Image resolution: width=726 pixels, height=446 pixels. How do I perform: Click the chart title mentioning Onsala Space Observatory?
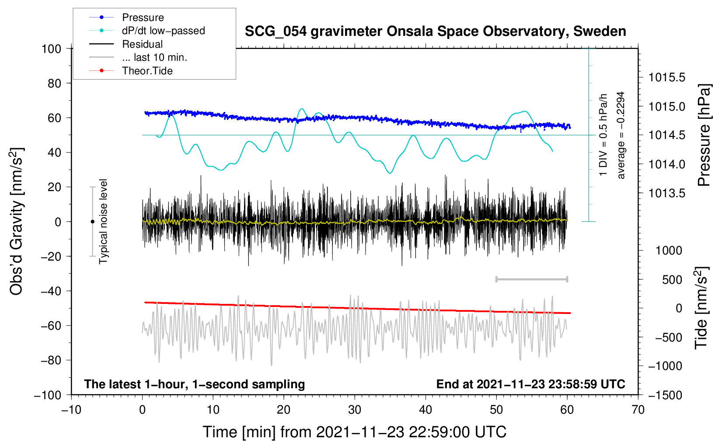[x=435, y=31]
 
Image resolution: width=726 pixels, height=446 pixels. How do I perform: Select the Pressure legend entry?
[x=143, y=17]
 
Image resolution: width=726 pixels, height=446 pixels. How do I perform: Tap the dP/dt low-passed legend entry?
[x=163, y=31]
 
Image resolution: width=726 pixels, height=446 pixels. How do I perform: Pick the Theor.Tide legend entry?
[x=147, y=71]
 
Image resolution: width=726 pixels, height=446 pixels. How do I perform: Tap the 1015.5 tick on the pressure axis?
[x=667, y=77]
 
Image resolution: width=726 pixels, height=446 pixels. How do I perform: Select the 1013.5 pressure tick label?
[x=667, y=193]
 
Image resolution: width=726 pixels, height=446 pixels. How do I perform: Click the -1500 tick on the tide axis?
[x=665, y=395]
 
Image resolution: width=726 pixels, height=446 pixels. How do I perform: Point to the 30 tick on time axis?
[x=355, y=410]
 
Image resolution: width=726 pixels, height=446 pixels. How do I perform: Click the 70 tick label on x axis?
[x=638, y=410]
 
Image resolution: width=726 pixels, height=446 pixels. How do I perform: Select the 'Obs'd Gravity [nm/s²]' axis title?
[x=17, y=221]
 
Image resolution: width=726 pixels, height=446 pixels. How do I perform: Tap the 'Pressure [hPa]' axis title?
[x=704, y=135]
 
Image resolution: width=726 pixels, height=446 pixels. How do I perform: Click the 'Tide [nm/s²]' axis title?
[x=702, y=308]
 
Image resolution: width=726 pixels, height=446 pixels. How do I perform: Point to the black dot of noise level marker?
[x=92, y=222]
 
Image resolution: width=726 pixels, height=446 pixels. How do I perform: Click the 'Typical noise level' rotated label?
[x=103, y=221]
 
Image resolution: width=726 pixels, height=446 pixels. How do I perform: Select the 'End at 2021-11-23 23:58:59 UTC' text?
[x=531, y=384]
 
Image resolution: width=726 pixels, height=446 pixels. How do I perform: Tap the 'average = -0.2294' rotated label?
[x=621, y=135]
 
